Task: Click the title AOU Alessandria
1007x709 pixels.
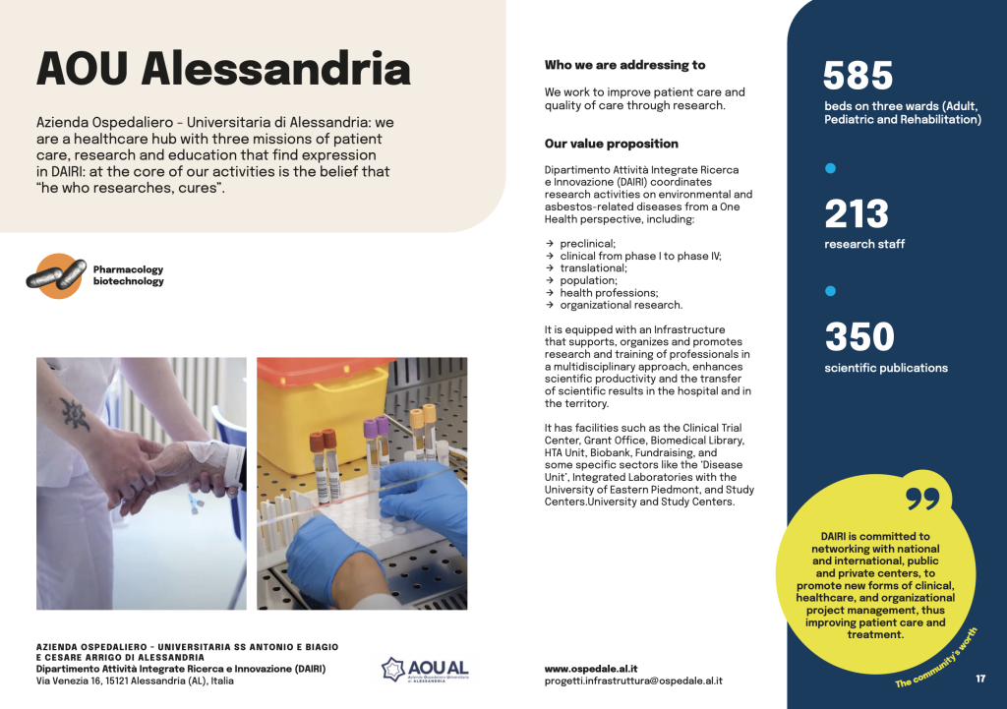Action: (223, 70)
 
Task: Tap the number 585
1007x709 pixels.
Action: (858, 76)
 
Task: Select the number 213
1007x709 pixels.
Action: (856, 213)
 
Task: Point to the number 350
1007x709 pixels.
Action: (859, 336)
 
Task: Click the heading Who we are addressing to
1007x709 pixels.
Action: (624, 65)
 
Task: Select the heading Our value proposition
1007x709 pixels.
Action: (612, 144)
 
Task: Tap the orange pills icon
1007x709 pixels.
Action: (56, 275)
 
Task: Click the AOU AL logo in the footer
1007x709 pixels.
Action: (425, 669)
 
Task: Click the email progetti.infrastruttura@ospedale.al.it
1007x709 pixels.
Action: (633, 680)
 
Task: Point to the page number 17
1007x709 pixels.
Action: (980, 679)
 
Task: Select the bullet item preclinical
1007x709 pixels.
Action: (587, 244)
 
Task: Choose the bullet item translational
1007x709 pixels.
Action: (593, 267)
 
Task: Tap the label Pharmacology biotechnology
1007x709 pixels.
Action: (128, 275)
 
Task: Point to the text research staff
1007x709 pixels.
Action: (864, 244)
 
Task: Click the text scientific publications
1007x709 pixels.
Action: (885, 368)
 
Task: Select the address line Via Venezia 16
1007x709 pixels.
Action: (135, 680)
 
